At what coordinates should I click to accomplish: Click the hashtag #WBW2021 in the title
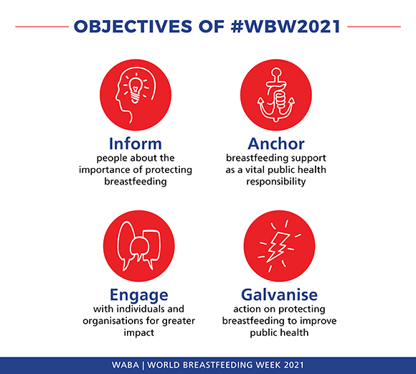tap(285, 27)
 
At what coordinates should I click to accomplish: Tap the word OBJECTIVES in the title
tap(133, 27)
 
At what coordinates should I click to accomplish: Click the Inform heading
tap(136, 144)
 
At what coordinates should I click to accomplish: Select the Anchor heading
tap(276, 144)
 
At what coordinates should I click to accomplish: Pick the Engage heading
tap(139, 295)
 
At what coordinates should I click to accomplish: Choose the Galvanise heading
tap(280, 294)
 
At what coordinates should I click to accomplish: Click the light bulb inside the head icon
tap(136, 90)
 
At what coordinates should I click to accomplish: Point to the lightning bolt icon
tap(278, 247)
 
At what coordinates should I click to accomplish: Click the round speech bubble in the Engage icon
tap(138, 247)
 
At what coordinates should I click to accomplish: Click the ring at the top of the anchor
tap(276, 73)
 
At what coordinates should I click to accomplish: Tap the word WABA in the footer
tap(126, 365)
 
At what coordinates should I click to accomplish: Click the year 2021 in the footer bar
tap(293, 365)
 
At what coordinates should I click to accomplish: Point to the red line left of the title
tap(42, 27)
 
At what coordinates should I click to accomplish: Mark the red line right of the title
tap(374, 27)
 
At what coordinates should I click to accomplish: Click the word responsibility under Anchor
tap(276, 182)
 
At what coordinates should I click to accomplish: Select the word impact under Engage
tap(138, 333)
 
